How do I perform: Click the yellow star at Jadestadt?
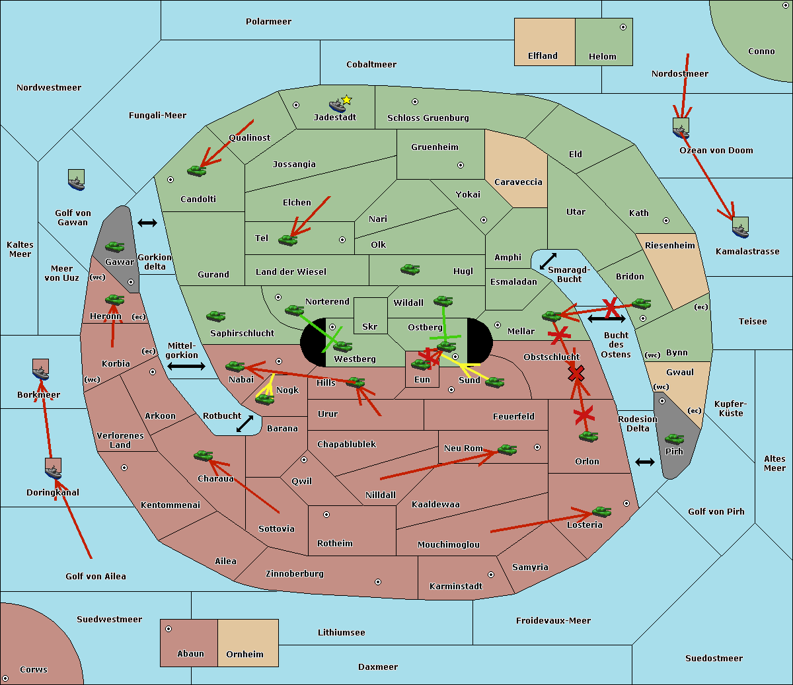[346, 100]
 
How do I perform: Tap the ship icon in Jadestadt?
[337, 106]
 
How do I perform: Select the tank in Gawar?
[115, 246]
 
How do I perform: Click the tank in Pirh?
[674, 439]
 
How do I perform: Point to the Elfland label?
[543, 56]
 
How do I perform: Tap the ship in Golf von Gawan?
[77, 180]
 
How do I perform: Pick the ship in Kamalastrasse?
[740, 227]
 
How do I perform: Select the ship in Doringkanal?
[53, 469]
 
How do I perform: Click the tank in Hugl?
[410, 270]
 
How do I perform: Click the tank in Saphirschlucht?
[215, 316]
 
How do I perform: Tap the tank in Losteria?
[601, 512]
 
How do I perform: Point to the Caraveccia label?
[518, 182]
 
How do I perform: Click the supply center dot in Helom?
[623, 27]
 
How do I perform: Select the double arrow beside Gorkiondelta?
[147, 223]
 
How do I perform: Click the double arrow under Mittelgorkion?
[186, 366]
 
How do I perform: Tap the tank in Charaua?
[204, 455]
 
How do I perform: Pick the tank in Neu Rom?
[507, 449]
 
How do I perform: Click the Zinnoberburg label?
[295, 574]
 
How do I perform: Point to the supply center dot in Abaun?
[169, 629]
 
